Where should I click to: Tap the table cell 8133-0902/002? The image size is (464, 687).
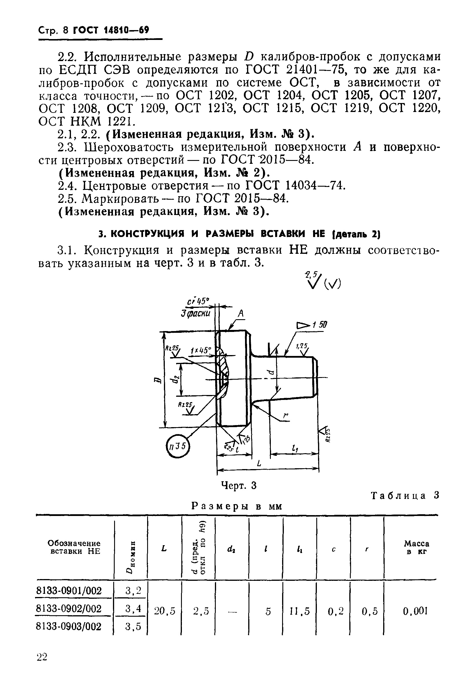pyautogui.click(x=69, y=608)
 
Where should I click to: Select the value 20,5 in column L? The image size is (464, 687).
pyautogui.click(x=165, y=610)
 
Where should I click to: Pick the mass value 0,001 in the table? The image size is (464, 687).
pyautogui.click(x=415, y=611)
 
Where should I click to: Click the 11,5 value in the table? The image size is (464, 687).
pyautogui.click(x=300, y=610)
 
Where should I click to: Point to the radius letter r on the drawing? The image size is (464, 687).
pyautogui.click(x=285, y=416)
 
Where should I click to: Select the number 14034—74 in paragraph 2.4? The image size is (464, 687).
pyautogui.click(x=315, y=186)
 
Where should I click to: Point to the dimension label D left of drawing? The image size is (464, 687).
pyautogui.click(x=157, y=380)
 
